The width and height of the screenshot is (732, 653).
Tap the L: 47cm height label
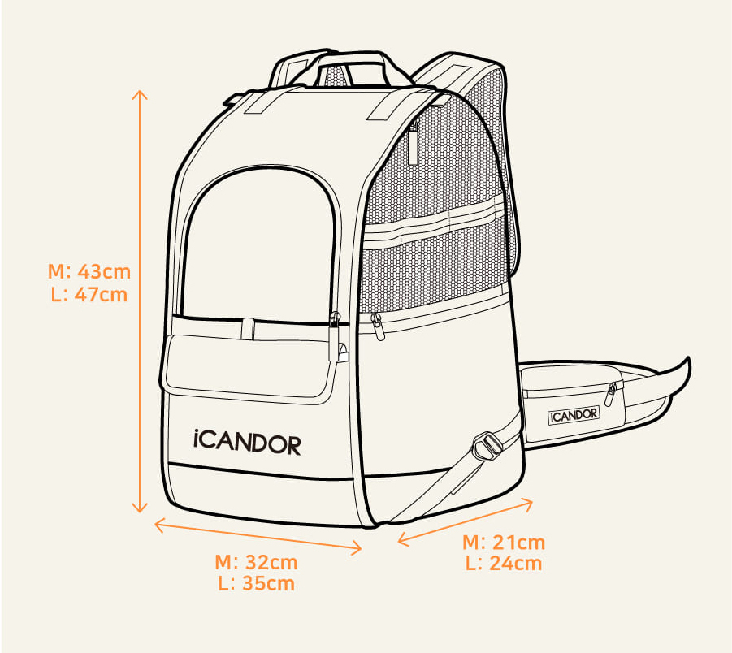tap(89, 294)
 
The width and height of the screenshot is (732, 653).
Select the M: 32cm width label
tap(256, 562)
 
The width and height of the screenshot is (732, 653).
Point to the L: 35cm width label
tap(256, 583)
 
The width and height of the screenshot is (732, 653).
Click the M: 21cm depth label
tap(504, 543)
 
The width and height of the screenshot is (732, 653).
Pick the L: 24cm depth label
tap(504, 563)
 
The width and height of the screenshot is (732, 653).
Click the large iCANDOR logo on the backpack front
tap(247, 443)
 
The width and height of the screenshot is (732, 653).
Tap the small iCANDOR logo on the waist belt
tap(574, 415)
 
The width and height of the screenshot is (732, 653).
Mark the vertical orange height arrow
tap(141, 301)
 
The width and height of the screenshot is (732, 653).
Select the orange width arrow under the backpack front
tap(258, 536)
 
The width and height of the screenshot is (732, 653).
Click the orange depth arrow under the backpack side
tap(465, 521)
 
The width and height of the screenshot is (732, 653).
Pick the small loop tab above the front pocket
tap(248, 329)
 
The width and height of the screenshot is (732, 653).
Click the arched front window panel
tap(258, 252)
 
